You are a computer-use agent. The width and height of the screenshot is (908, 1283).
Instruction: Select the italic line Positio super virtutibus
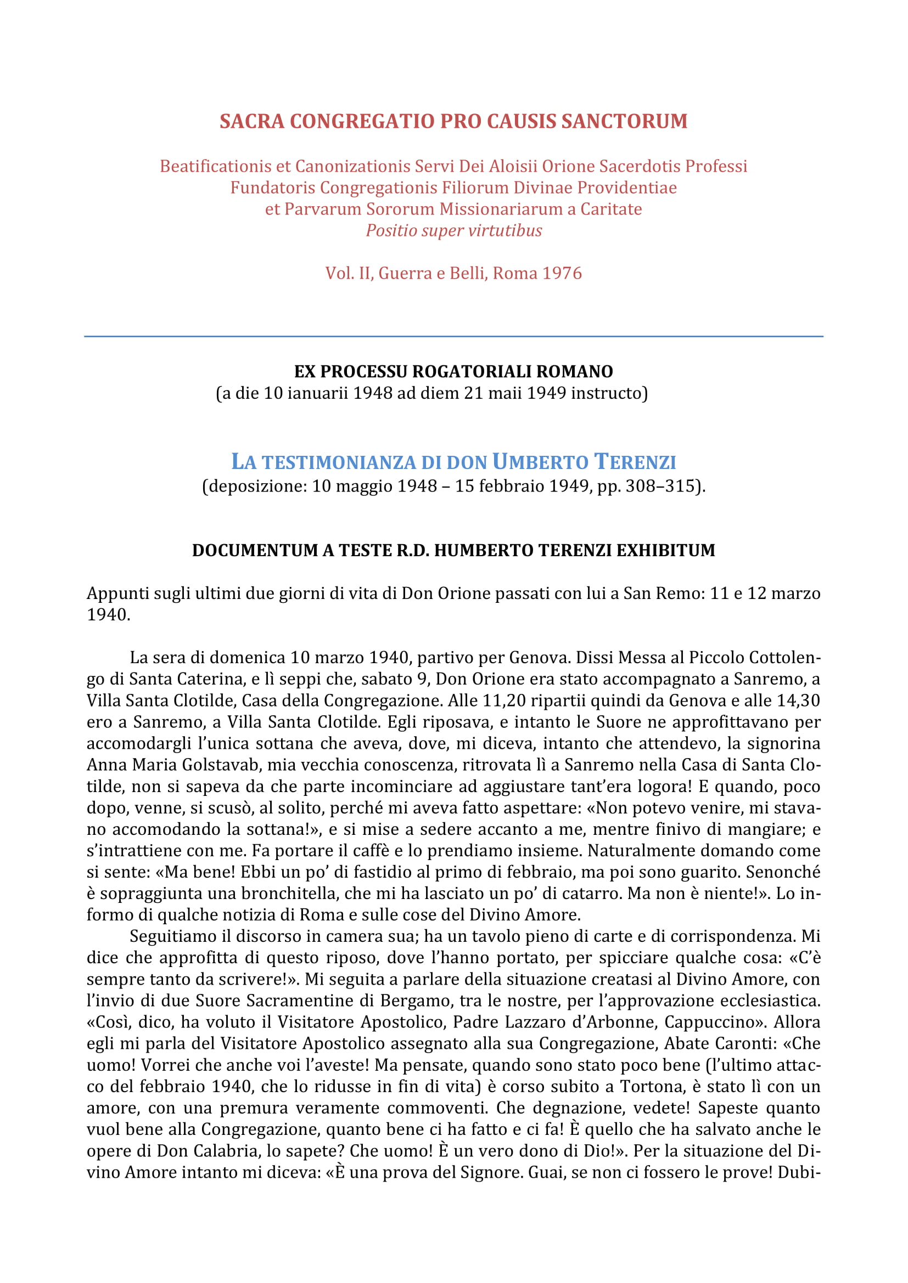tap(453, 230)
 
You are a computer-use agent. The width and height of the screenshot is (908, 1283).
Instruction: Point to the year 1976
tap(562, 273)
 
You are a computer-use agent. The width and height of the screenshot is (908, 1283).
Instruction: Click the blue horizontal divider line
tap(453, 336)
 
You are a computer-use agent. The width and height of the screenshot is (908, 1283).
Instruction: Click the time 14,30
tap(798, 700)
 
